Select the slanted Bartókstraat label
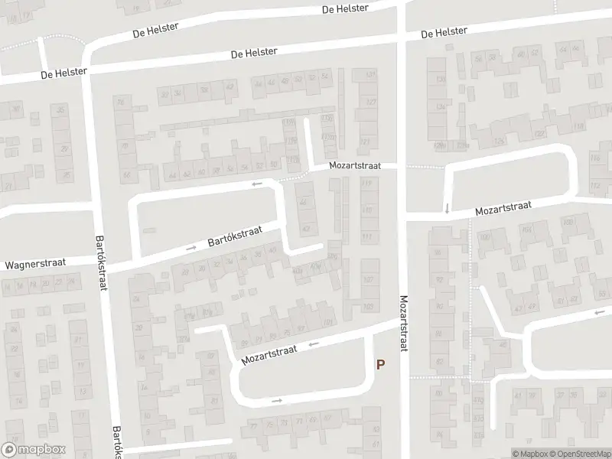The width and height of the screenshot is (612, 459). click(x=235, y=237)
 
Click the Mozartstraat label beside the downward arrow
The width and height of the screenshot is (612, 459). click(x=502, y=209)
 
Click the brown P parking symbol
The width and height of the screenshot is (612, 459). click(x=381, y=366)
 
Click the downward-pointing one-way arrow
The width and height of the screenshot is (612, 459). click(x=447, y=208)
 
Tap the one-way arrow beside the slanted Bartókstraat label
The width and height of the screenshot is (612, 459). click(x=190, y=248)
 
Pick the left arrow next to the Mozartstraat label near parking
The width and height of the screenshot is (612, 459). click(x=313, y=345)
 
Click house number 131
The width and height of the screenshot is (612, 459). click(x=371, y=74)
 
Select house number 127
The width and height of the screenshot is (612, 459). click(x=371, y=103)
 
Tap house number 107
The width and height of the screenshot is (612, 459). click(x=369, y=279)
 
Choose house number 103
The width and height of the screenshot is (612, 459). click(x=369, y=307)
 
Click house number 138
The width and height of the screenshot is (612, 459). click(x=440, y=80)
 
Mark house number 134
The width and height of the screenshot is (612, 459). click(x=440, y=107)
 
